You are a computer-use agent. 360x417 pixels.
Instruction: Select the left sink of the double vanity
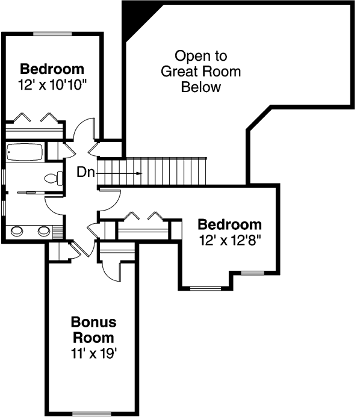18,230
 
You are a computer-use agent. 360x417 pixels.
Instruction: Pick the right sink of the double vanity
44,230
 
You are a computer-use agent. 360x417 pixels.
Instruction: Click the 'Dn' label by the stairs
85,173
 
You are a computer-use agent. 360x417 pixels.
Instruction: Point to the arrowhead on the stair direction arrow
139,173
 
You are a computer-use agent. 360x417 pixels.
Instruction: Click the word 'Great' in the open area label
176,72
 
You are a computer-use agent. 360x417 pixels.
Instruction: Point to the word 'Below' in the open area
201,87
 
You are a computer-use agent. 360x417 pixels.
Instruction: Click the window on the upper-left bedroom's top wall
52,34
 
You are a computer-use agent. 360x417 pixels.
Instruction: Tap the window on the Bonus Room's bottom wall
92,413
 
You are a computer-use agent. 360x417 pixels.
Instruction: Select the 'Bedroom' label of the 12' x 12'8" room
231,225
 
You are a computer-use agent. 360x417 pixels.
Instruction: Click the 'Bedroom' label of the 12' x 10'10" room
52,68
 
